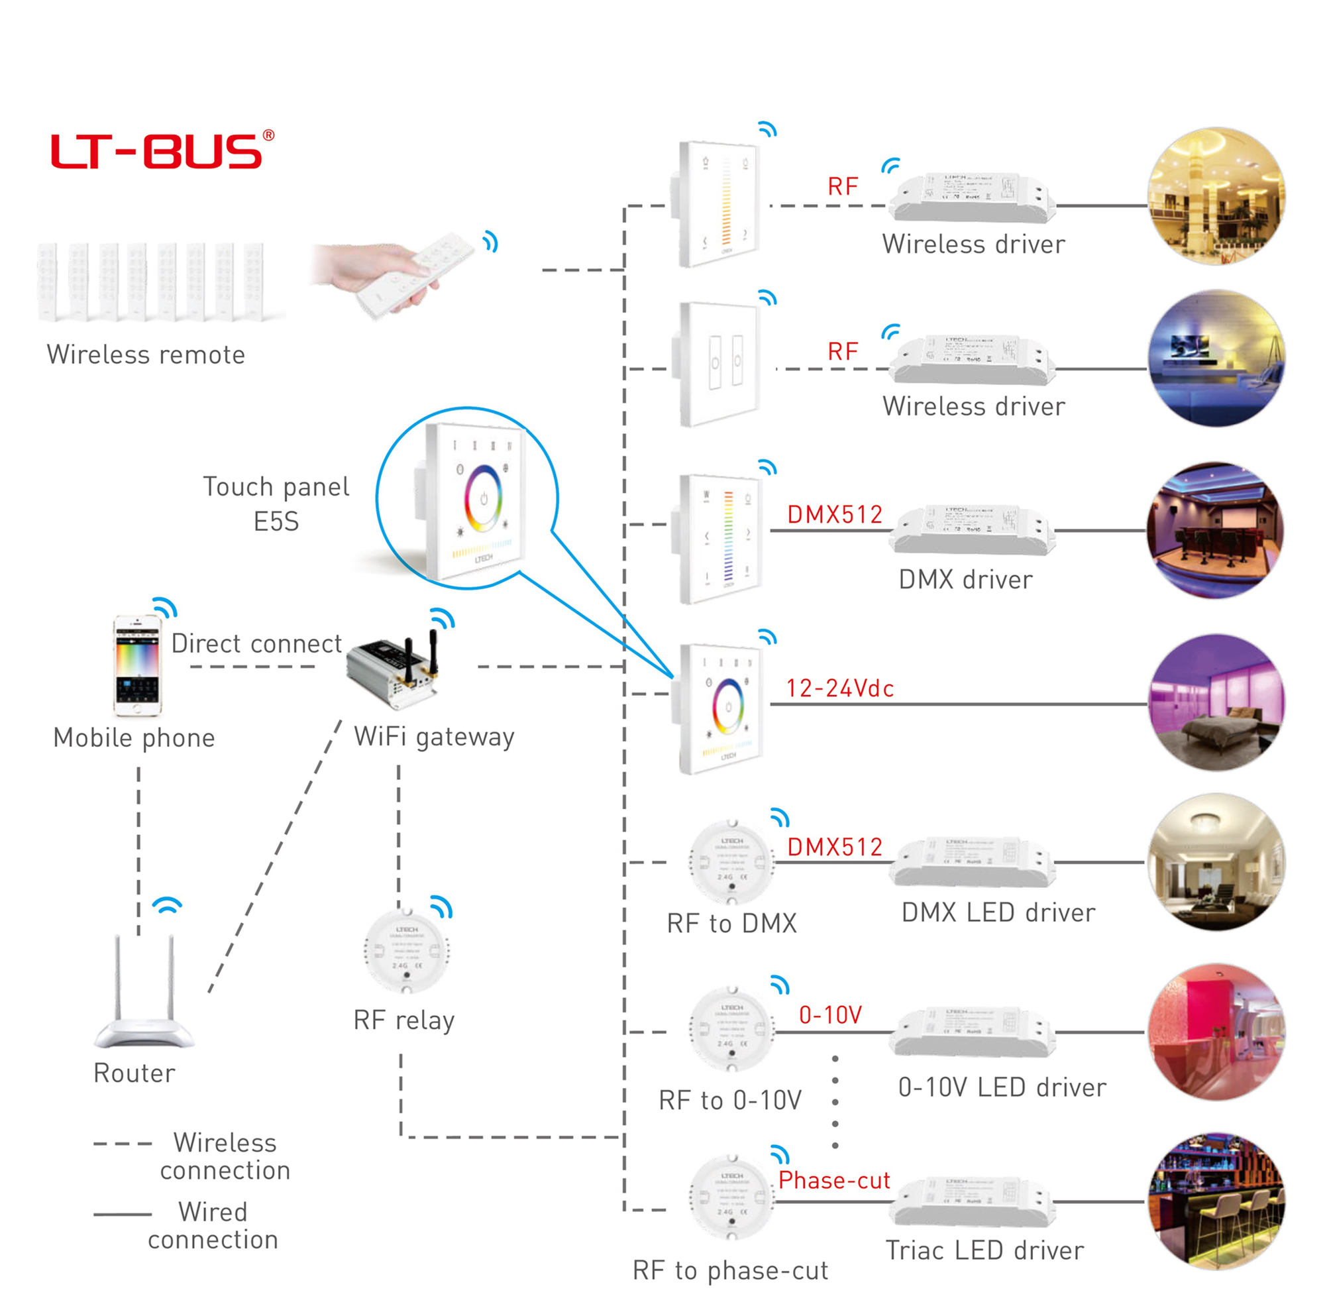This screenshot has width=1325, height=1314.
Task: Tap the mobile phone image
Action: point(138,666)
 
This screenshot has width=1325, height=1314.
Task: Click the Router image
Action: point(144,994)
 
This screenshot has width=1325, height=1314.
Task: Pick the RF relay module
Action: point(407,952)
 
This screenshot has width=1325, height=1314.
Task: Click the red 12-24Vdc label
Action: point(839,688)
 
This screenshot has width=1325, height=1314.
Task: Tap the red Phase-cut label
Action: point(834,1180)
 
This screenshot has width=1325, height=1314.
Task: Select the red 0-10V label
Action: point(830,1015)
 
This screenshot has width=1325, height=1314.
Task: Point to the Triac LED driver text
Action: point(985,1250)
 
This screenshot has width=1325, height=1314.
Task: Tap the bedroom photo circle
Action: point(1216,703)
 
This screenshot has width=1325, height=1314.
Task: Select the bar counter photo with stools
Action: point(1216,1201)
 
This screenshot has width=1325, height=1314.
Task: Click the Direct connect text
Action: point(256,643)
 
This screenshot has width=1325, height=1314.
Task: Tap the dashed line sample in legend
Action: point(123,1144)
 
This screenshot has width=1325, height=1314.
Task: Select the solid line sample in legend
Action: point(123,1215)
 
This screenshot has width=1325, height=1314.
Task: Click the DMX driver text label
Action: point(965,580)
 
